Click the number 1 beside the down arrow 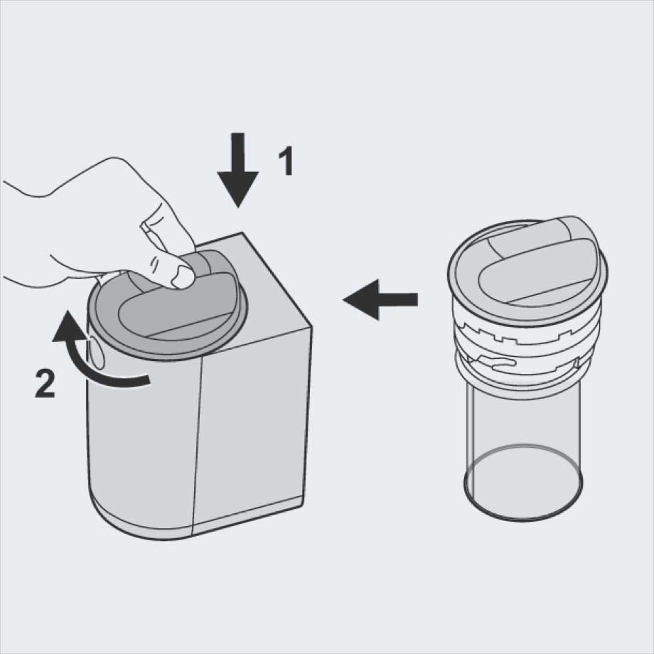(286, 161)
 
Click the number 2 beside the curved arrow (45, 383)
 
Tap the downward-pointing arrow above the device (237, 169)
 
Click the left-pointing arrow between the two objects (380, 299)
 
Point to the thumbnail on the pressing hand (182, 277)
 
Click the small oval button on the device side (97, 353)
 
